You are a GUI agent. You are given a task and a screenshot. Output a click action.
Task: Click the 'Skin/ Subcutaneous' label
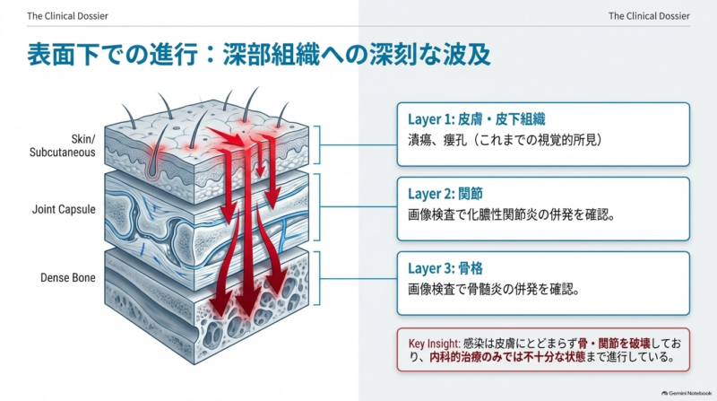pyautogui.click(x=63, y=145)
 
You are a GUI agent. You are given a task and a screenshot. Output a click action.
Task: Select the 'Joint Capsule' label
pyautogui.click(x=64, y=209)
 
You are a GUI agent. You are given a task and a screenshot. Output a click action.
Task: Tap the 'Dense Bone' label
pyautogui.click(x=68, y=277)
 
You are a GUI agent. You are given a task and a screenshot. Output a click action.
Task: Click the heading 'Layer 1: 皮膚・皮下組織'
pyautogui.click(x=477, y=119)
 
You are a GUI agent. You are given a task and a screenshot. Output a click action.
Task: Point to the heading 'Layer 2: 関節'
pyautogui.click(x=445, y=194)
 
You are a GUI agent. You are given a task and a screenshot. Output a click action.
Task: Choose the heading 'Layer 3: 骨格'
pyautogui.click(x=445, y=269)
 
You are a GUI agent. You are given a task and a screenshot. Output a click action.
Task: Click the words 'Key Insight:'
pyautogui.click(x=434, y=344)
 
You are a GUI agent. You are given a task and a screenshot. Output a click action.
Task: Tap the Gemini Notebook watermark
pyautogui.click(x=687, y=393)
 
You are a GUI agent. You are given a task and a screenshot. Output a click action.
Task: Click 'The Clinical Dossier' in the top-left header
pyautogui.click(x=68, y=16)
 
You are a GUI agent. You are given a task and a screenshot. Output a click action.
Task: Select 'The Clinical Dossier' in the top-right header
pyautogui.click(x=649, y=16)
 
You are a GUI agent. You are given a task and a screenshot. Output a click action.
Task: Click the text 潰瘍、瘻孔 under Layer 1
pyautogui.click(x=437, y=140)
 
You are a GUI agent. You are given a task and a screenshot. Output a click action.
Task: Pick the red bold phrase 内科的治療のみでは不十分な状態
pyautogui.click(x=507, y=357)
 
